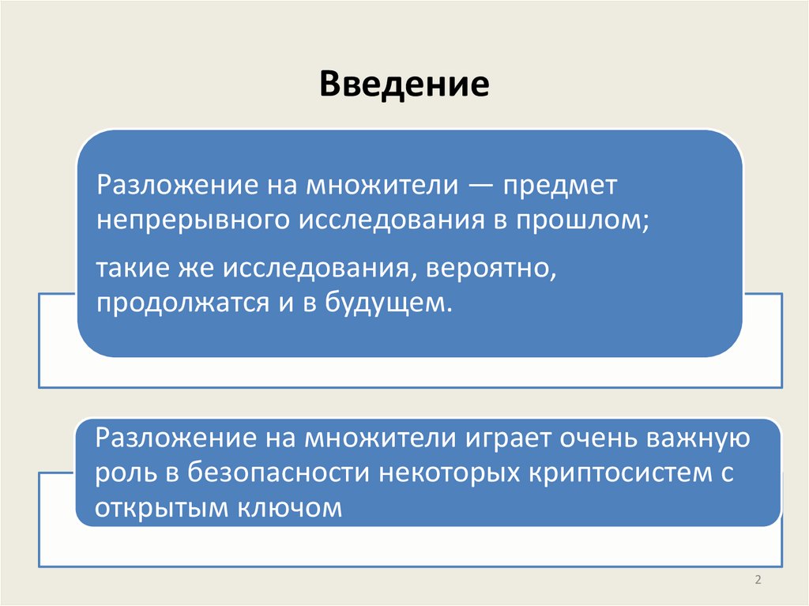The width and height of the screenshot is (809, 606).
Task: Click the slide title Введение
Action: [404, 84]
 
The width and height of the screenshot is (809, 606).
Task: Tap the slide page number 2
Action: [757, 581]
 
